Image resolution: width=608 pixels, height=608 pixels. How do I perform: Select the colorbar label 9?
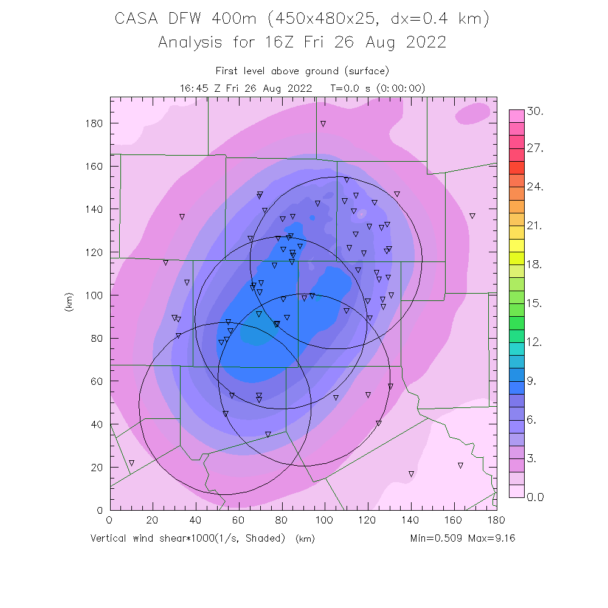point(533,381)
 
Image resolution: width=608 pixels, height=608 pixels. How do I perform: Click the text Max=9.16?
point(492,538)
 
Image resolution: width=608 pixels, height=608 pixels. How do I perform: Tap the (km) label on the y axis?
point(68,303)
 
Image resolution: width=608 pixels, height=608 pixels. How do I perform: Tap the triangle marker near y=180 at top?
point(323,124)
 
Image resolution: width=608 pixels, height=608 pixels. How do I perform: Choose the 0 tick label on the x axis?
point(109,520)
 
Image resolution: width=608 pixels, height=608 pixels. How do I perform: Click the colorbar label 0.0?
point(535,497)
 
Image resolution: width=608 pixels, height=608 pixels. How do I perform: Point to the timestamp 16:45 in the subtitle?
point(196,88)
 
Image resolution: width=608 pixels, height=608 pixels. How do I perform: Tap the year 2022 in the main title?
point(424,43)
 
